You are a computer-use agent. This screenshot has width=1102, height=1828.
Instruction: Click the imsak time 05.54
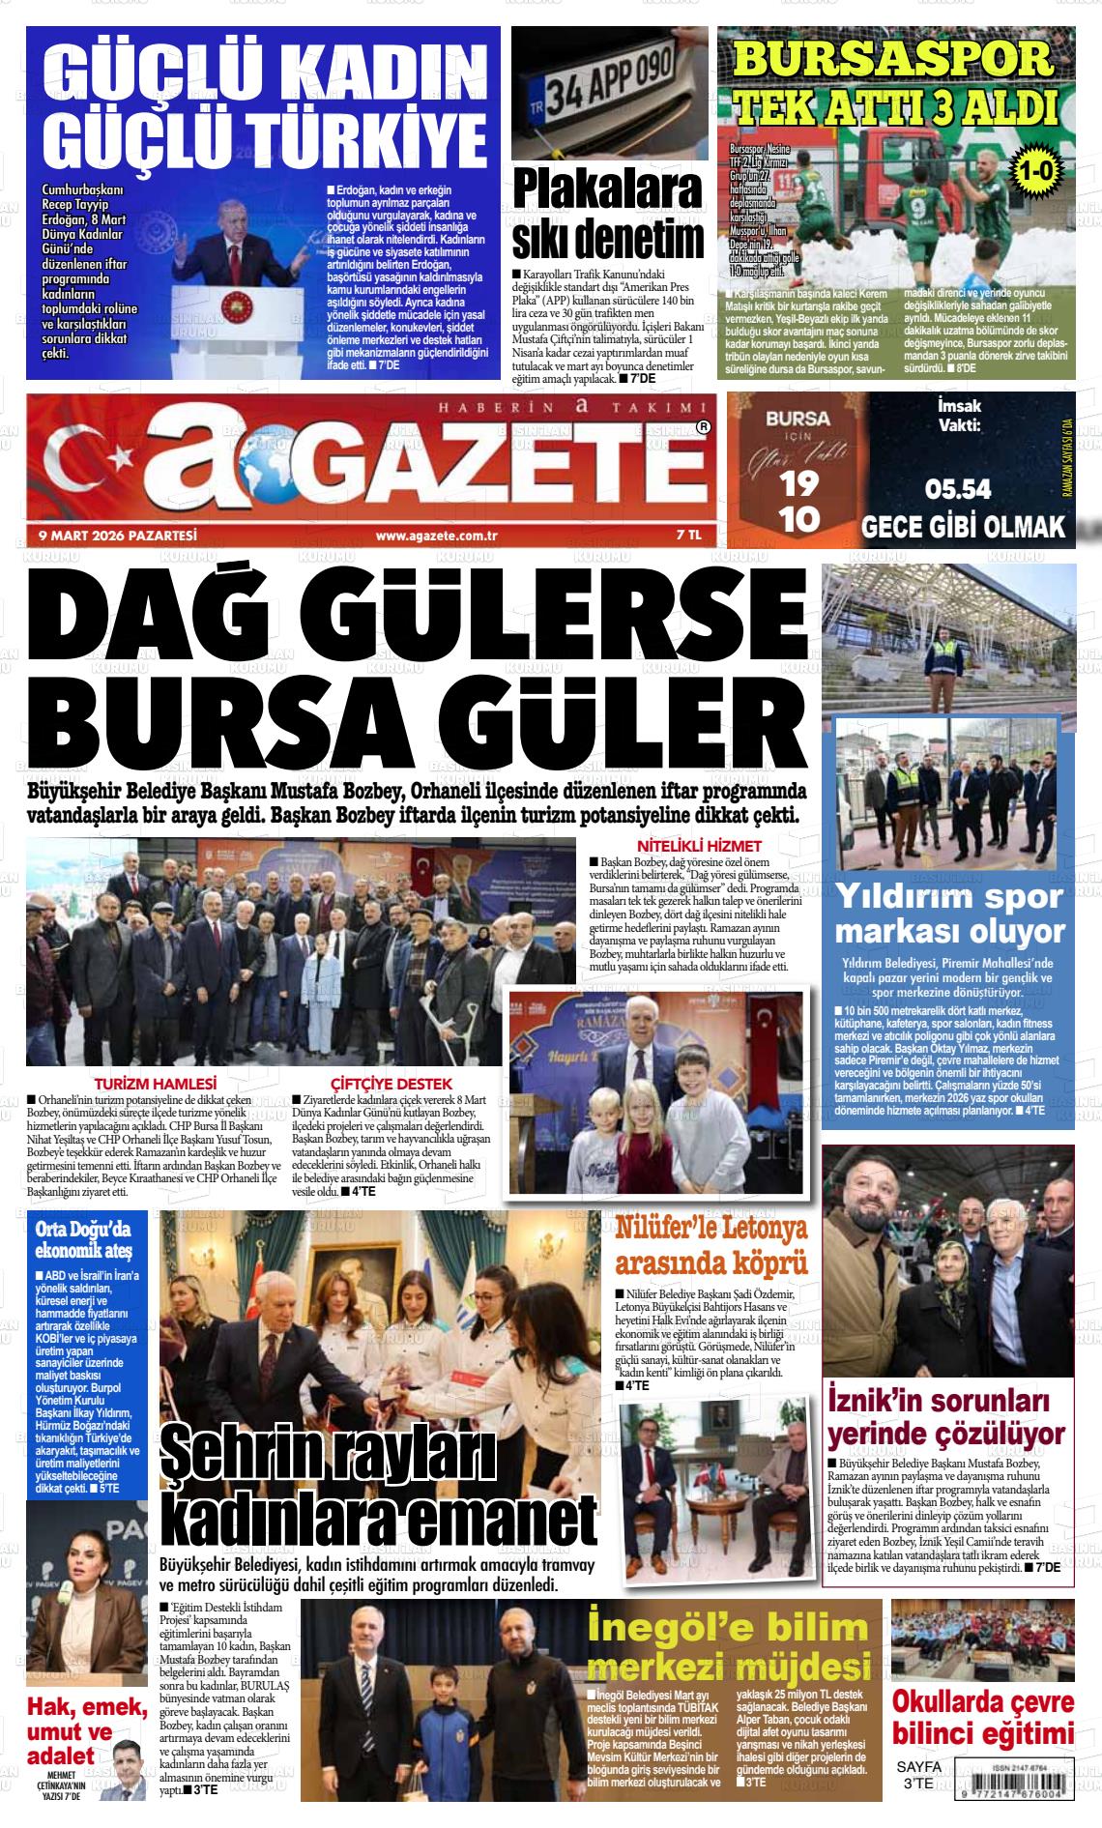(958, 488)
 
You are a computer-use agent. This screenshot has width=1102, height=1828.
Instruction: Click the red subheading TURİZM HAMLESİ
(155, 1084)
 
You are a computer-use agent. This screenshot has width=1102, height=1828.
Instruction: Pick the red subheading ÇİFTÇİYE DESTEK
(391, 1084)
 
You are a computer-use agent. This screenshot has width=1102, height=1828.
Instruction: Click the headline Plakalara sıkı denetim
(608, 213)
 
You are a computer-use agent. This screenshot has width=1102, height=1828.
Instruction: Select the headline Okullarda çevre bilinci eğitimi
(982, 1715)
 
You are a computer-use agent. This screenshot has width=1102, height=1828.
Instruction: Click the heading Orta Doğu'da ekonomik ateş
(83, 1240)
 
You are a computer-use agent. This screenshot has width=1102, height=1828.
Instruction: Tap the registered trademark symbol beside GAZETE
(703, 426)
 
